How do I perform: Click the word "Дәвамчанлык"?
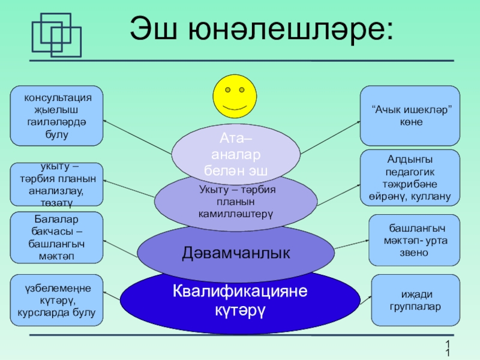[x=236, y=253]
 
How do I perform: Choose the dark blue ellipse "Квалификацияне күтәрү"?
[x=239, y=301]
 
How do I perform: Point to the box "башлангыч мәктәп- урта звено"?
[x=414, y=240]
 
